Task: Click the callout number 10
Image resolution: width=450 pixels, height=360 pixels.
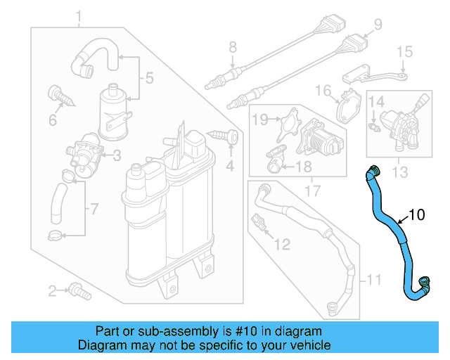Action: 417,215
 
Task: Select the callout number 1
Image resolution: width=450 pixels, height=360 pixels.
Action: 79,16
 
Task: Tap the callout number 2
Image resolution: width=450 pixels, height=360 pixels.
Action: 52,291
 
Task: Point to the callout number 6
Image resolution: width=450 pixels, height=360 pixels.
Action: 53,120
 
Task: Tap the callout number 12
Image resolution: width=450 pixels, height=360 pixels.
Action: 281,245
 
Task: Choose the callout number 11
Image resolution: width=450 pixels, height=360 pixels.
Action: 374,281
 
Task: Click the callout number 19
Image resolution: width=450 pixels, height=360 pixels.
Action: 259,120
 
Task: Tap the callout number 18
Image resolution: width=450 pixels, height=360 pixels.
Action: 303,167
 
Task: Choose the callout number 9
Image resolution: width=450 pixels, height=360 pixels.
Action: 378,25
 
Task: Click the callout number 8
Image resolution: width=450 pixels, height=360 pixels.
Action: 232,48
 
